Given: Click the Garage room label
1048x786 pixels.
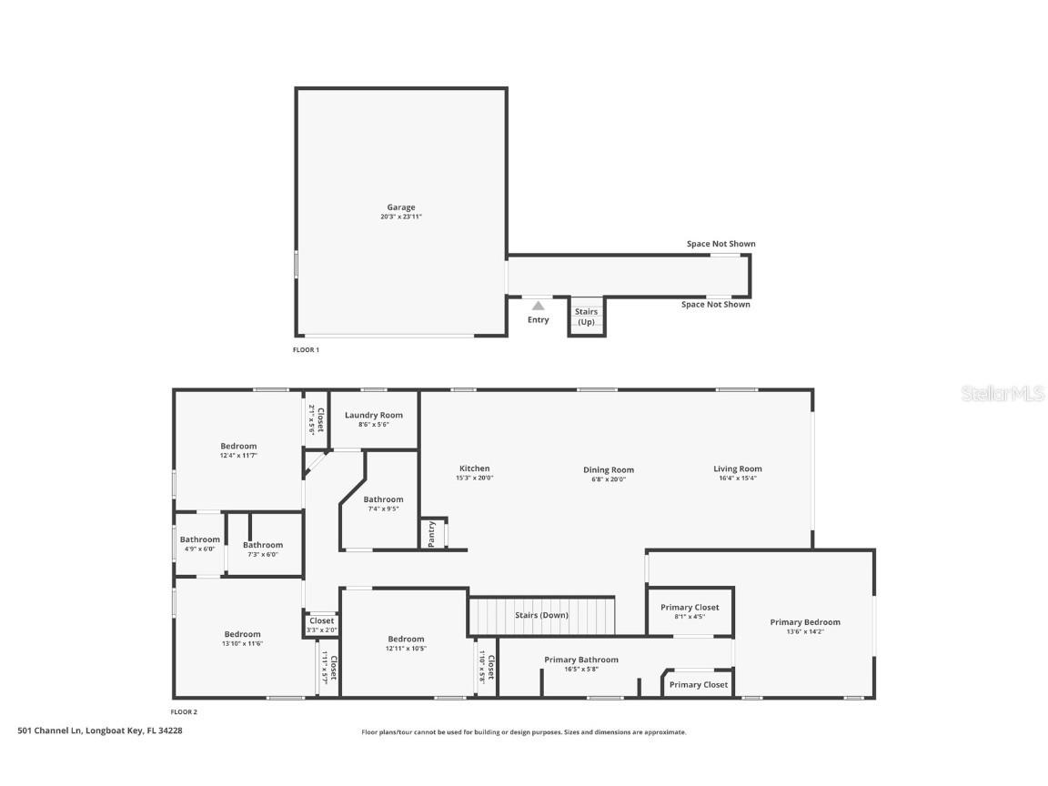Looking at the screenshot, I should pos(400,207).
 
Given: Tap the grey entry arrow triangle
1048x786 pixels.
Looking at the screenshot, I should pos(539,306).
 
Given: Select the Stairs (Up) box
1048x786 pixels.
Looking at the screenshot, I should pos(587,317).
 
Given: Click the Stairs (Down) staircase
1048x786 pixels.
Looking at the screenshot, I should pos(542,615).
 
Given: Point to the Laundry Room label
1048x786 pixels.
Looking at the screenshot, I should pos(373,415).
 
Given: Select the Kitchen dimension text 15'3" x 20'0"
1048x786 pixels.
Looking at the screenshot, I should pos(474,479).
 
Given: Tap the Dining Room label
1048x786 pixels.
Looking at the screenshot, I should pos(609,469).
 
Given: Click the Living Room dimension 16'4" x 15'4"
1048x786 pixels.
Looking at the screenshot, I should pos(737,479).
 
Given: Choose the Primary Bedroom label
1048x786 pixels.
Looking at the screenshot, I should pos(805,622).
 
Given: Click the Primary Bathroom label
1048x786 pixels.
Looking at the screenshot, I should pos(581,660).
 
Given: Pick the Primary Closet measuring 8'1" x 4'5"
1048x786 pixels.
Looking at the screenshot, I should pos(690,610).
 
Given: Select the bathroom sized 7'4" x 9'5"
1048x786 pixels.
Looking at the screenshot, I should pos(383,503).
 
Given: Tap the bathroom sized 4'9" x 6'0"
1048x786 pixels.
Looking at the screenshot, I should pos(199,543).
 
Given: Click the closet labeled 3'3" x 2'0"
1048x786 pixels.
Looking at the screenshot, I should pos(321,624).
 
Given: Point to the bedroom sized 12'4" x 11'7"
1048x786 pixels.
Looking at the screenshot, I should pos(238,449).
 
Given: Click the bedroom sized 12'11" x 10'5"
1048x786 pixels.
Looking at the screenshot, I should pos(406,643).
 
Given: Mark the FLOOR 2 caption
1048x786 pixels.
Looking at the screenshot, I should pos(185,711).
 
